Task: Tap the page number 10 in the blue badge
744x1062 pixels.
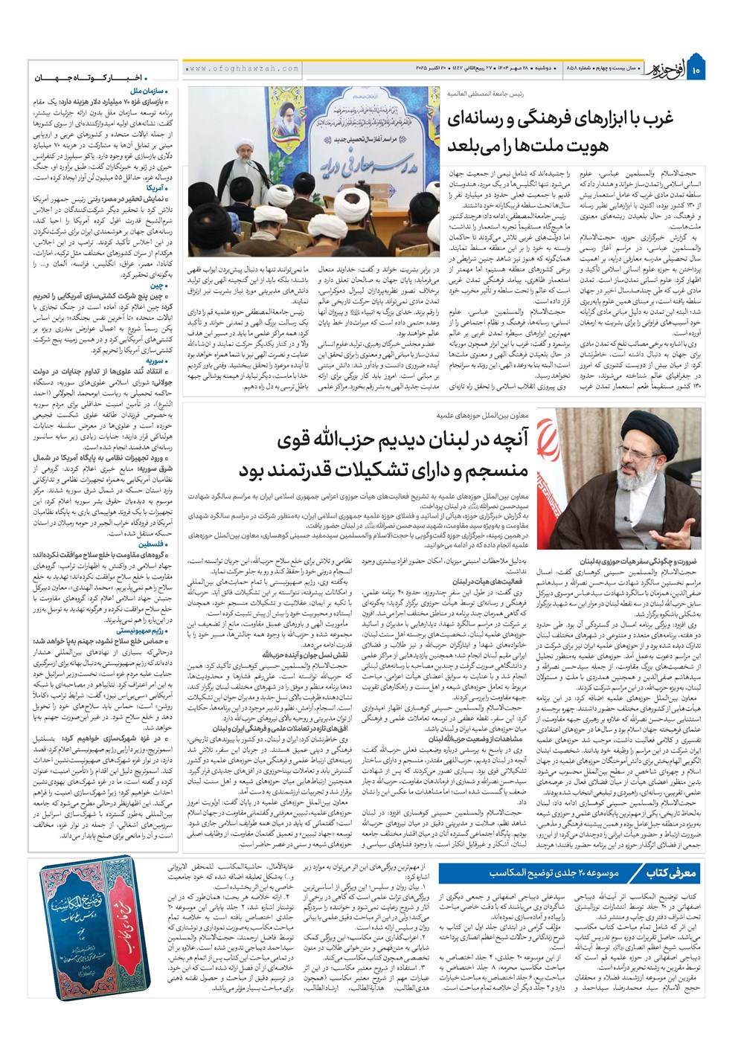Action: pos(696,71)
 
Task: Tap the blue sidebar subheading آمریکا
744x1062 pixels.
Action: pos(156,188)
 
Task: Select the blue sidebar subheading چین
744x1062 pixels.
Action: pos(158,286)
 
